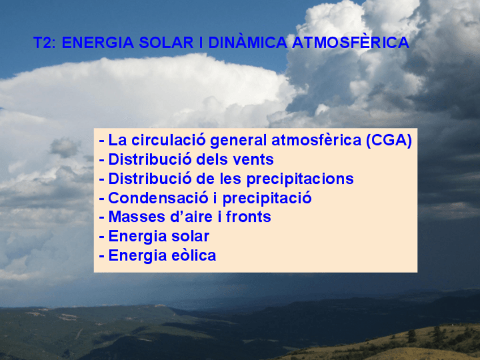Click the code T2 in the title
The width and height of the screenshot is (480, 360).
pyautogui.click(x=44, y=43)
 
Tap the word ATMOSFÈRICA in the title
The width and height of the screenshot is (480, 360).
pyautogui.click(x=350, y=43)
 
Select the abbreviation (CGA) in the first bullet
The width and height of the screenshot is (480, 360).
pyautogui.click(x=388, y=140)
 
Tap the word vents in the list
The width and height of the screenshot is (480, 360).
pyautogui.click(x=254, y=160)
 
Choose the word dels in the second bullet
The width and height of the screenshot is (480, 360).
pyautogui.click(x=213, y=160)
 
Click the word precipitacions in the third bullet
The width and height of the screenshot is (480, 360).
pyautogui.click(x=300, y=179)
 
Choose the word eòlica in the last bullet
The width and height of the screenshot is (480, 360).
pyautogui.click(x=194, y=255)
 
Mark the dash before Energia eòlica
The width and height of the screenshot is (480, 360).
pyautogui.click(x=102, y=256)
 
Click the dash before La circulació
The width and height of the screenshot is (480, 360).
pyautogui.click(x=102, y=141)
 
